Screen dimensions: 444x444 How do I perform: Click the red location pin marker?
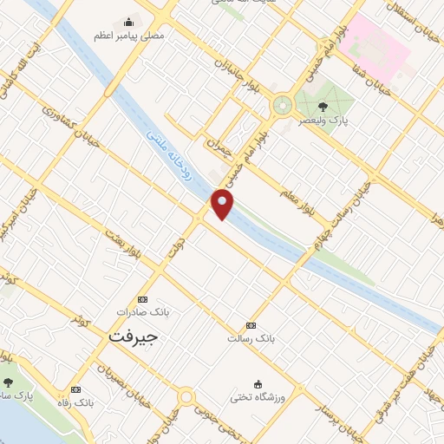(223, 205)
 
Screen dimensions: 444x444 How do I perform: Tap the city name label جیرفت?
(134, 335)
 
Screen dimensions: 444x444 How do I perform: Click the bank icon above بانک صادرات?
(144, 297)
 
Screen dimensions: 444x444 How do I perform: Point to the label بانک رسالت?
(251, 338)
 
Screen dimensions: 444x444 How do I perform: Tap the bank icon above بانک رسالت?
(251, 325)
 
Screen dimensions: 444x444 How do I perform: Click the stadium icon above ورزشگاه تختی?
(258, 383)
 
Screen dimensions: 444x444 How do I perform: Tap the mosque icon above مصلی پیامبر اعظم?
(129, 23)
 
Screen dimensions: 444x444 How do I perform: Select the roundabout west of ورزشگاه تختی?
(186, 397)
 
